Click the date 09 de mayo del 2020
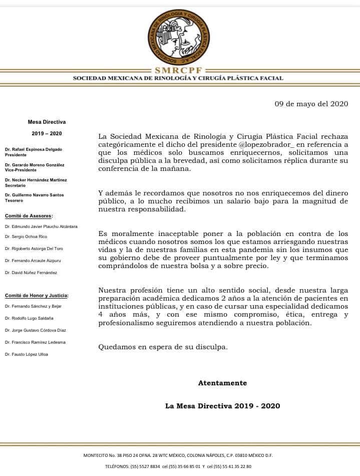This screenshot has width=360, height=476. [311, 104]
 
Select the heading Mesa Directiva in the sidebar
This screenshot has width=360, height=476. [47, 122]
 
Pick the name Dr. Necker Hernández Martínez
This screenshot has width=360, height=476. [36, 180]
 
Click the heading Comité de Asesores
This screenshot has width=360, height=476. [29, 216]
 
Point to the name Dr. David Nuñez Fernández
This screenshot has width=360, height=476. [31, 273]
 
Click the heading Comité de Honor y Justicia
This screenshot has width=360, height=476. [37, 296]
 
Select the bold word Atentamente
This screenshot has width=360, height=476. [222, 383]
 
